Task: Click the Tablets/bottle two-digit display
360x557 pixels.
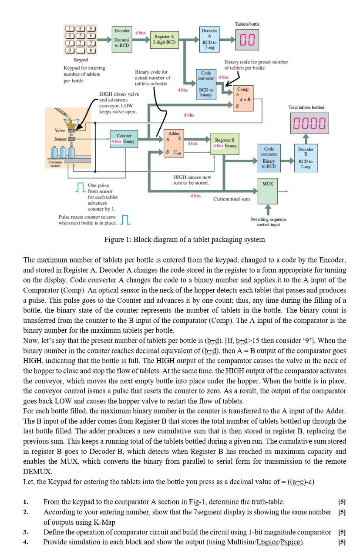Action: click(247, 40)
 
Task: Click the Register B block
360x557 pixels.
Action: click(225, 143)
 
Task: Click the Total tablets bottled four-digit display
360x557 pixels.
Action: click(309, 123)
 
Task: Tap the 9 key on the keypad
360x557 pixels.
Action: click(91, 29)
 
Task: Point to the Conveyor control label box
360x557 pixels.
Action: click(54, 164)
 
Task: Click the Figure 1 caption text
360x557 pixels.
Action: click(184, 239)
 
